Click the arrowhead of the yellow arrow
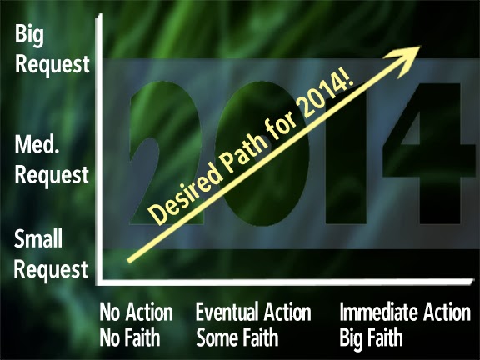(x=407, y=58)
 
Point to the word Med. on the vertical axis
(x=37, y=144)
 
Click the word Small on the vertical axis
(x=38, y=238)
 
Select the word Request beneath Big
(x=52, y=65)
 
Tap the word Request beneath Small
(x=51, y=270)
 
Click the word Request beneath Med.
(x=52, y=175)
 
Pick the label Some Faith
(x=237, y=337)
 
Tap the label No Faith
(x=130, y=337)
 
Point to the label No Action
(x=136, y=312)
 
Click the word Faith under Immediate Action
(x=385, y=337)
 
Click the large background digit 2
(x=165, y=153)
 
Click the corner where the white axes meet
(x=99, y=282)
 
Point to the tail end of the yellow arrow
(x=128, y=261)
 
